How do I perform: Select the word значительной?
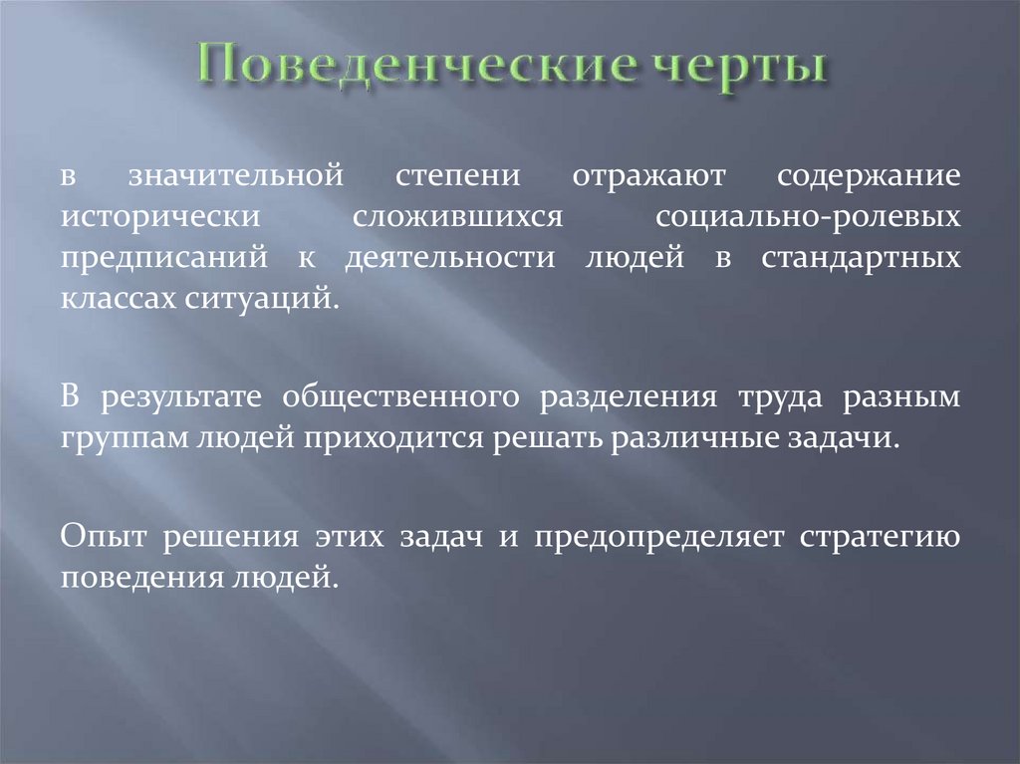point(235,177)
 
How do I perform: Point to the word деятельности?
point(449,258)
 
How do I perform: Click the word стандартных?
point(861,258)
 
